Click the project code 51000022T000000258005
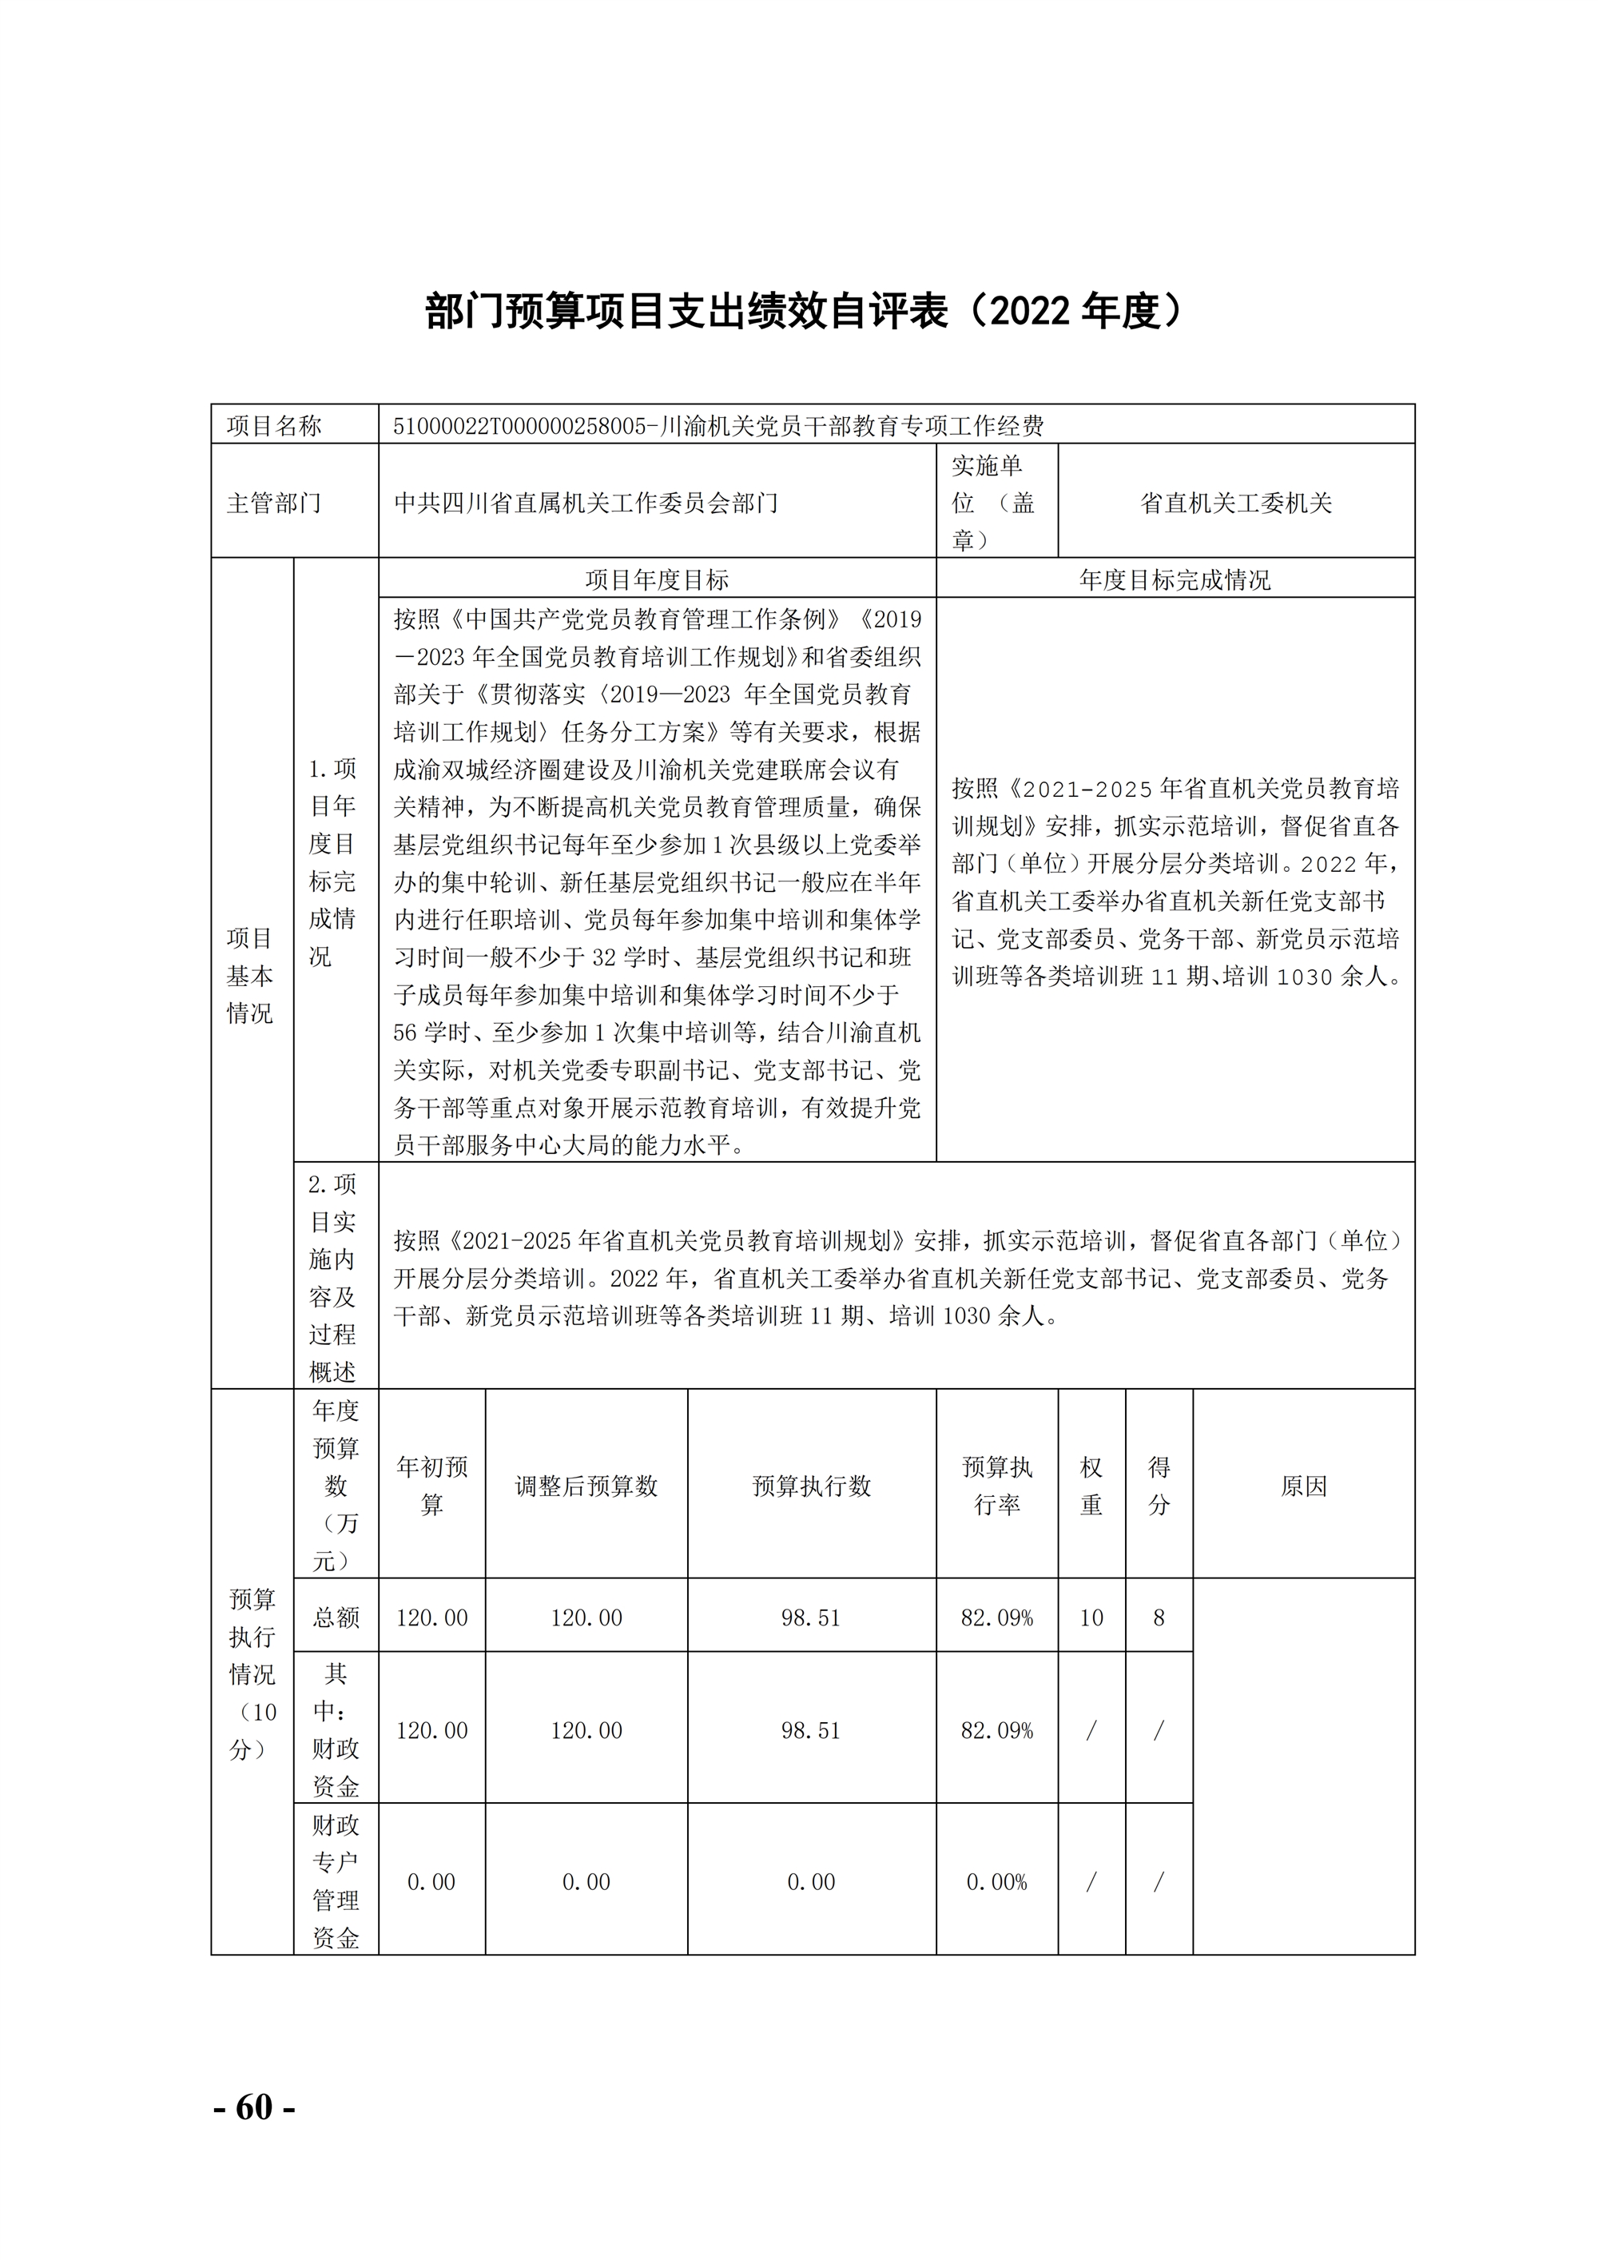pyautogui.click(x=519, y=425)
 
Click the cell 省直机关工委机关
pyautogui.click(x=1235, y=503)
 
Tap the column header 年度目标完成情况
pyautogui.click(x=1174, y=579)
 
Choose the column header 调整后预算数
pyautogui.click(x=586, y=1486)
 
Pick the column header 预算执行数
pyautogui.click(x=811, y=1486)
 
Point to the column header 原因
pyautogui.click(x=1303, y=1486)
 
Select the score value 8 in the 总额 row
pyautogui.click(x=1159, y=1617)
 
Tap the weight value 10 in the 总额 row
pyautogui.click(x=1091, y=1617)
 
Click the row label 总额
pyautogui.click(x=336, y=1617)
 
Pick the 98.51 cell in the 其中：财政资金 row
pyautogui.click(x=811, y=1729)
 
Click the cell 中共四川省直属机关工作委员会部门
pyautogui.click(x=586, y=503)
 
